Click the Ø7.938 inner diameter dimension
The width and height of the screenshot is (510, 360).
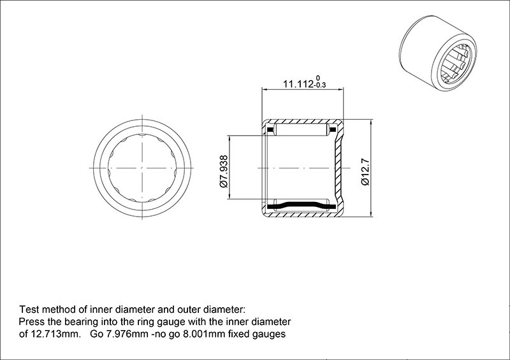click(224, 171)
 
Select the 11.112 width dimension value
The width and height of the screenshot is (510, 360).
click(298, 84)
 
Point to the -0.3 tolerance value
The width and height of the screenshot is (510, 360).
click(320, 85)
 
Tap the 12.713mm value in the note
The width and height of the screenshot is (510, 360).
click(55, 334)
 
